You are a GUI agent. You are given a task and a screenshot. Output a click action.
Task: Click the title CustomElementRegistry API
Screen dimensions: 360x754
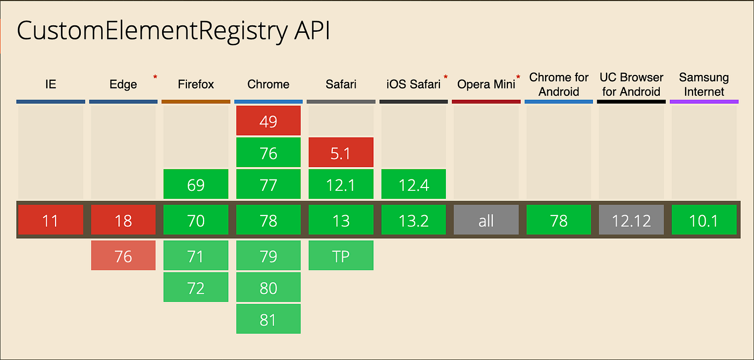click(173, 32)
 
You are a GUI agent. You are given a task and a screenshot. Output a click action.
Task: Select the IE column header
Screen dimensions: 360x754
click(50, 85)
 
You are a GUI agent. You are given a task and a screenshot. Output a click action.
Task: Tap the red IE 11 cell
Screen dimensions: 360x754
click(50, 220)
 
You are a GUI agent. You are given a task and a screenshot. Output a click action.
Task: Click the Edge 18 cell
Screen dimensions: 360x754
click(123, 220)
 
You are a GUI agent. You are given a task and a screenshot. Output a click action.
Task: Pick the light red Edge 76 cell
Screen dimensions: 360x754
click(123, 256)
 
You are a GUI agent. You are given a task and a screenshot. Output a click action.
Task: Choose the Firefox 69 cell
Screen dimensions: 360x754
click(196, 185)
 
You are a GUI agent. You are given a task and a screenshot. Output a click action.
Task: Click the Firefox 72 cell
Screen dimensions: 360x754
click(196, 288)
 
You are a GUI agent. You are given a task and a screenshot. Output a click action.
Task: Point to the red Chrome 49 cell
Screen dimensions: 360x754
click(268, 121)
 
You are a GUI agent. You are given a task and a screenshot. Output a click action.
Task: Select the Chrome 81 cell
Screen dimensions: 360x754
click(268, 320)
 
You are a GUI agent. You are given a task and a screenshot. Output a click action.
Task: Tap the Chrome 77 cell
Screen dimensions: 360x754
click(268, 185)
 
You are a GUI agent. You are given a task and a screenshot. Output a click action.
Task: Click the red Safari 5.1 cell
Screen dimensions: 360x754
click(341, 153)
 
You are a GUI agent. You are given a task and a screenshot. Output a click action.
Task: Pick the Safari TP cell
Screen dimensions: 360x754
click(341, 256)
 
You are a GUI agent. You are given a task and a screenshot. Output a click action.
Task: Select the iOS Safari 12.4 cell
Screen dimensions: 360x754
click(414, 185)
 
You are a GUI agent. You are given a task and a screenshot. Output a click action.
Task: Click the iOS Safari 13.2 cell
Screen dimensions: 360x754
click(414, 220)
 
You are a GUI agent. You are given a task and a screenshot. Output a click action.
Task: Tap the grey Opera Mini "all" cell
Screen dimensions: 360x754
click(486, 220)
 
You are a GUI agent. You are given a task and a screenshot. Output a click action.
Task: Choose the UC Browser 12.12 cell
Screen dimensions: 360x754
click(631, 220)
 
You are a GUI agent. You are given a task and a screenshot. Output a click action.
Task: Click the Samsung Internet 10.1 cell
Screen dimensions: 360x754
click(704, 220)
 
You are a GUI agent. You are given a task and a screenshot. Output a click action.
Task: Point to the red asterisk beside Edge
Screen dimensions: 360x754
click(155, 78)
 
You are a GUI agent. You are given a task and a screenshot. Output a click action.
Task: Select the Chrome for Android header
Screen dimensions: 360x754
click(558, 85)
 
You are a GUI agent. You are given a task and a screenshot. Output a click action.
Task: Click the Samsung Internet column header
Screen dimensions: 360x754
click(704, 85)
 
